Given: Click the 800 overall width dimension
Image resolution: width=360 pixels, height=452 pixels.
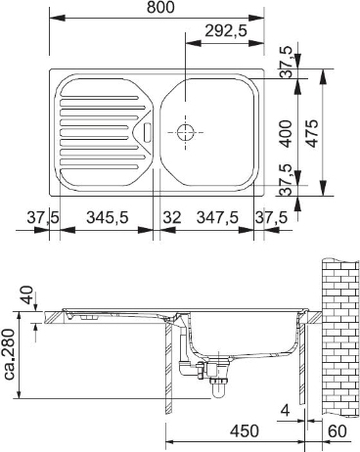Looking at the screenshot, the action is click(x=160, y=8).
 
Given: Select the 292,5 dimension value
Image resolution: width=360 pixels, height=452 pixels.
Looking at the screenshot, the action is click(x=226, y=31).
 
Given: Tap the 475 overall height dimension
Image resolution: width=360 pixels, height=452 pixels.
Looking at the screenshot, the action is click(x=313, y=133).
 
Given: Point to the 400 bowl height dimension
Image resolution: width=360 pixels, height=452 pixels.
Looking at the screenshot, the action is click(x=286, y=133).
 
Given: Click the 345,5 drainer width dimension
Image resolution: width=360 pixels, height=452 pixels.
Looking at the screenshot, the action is click(x=108, y=217).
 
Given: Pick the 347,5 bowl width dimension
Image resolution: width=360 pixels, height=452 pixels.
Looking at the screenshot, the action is click(x=217, y=217).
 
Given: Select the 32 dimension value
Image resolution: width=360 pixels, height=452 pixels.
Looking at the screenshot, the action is click(x=172, y=217).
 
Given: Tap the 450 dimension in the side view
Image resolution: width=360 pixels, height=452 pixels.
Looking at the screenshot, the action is click(x=245, y=431).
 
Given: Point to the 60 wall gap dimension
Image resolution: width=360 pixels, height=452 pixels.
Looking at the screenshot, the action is click(x=337, y=431).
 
